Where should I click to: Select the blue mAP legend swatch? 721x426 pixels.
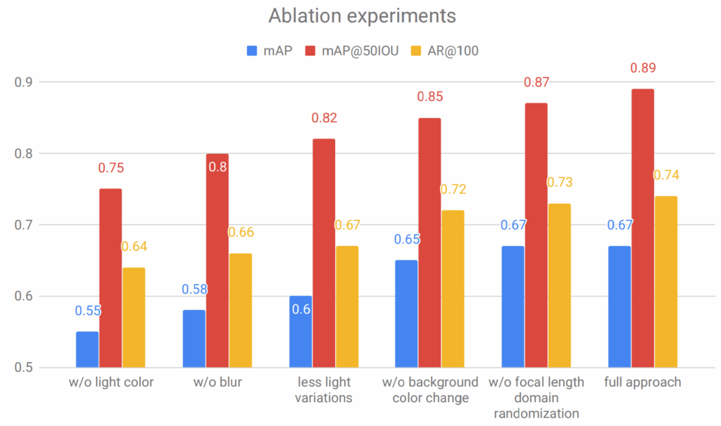coord(253,51)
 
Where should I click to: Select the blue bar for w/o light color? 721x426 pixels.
coord(87,349)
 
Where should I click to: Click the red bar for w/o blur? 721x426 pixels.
coord(217,260)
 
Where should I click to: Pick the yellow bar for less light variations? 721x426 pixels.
coord(347,306)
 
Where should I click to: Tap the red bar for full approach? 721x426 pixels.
coord(643,228)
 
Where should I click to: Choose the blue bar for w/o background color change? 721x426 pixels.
coord(406,314)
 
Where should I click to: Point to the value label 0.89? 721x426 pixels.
coord(643,69)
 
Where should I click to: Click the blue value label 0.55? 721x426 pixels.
coord(87,311)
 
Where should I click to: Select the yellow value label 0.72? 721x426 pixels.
coord(453,190)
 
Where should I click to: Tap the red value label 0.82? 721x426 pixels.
coord(324,119)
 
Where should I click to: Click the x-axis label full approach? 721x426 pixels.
coord(643,383)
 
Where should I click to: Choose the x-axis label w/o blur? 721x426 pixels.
coord(217,383)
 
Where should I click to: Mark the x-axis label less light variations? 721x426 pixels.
coord(324,390)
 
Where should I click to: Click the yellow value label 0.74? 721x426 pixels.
coord(667,175)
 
